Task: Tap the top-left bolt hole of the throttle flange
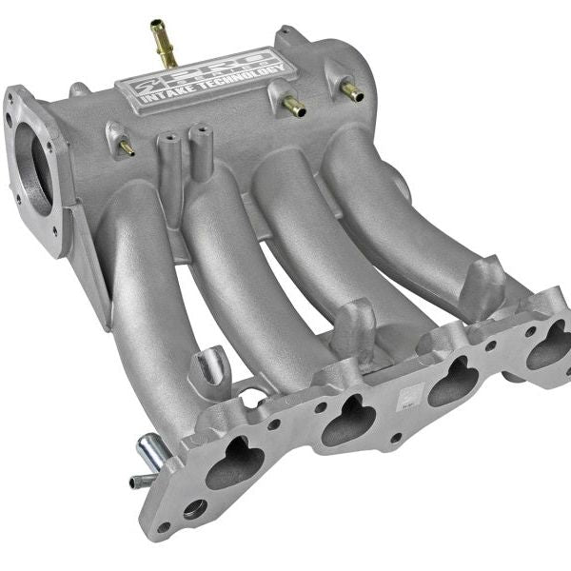(x=13, y=96)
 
